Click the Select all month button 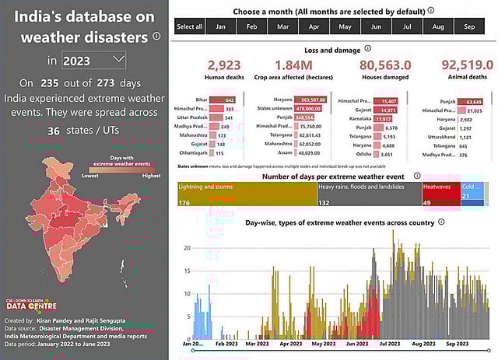189,26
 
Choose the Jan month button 221,26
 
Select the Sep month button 469,26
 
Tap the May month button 345,26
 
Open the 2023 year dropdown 93,60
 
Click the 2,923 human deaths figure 224,65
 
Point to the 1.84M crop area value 294,65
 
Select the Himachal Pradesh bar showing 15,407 386,100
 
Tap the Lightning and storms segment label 206,187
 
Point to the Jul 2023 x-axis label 389,343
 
